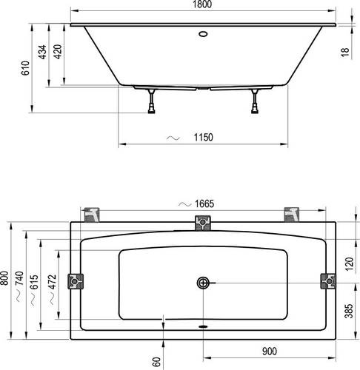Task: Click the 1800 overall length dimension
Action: point(202,4)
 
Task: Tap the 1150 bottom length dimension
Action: point(203,138)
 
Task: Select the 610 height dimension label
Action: point(25,68)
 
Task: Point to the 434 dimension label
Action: point(42,52)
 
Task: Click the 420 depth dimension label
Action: point(58,52)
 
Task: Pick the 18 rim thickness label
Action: point(345,53)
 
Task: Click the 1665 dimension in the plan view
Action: point(204,204)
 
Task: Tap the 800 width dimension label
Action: point(4,278)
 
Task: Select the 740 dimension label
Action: point(19,278)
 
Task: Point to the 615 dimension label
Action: point(34,282)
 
